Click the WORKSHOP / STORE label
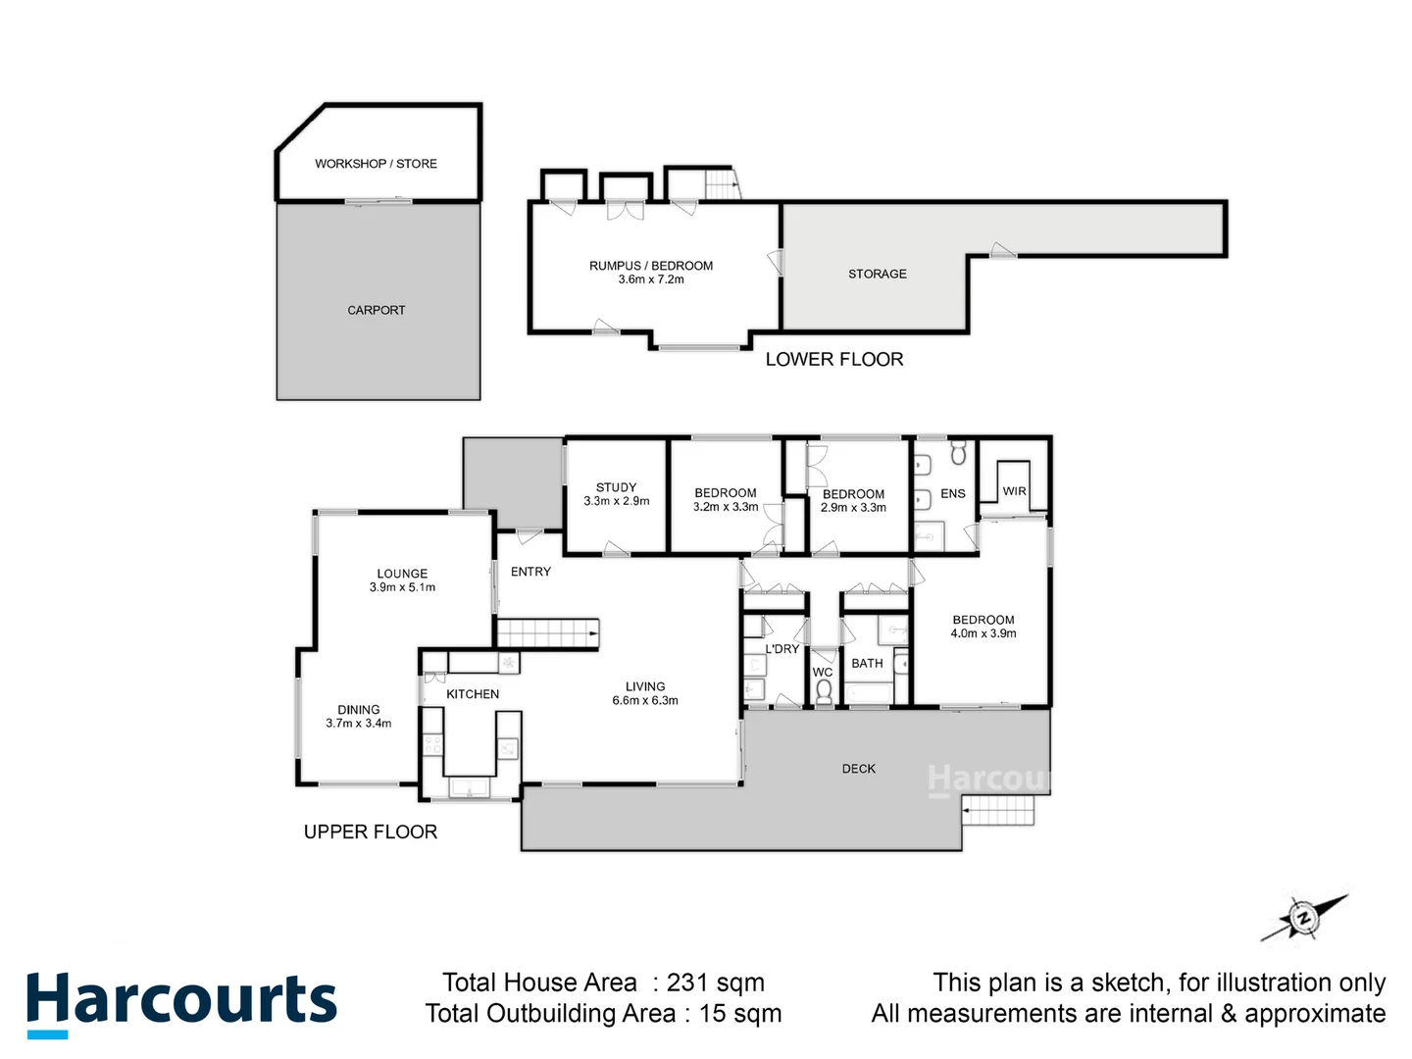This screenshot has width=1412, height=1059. coord(376,164)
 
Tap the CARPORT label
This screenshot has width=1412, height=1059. coord(376,310)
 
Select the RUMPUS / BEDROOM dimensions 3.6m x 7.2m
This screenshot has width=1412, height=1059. coord(651,279)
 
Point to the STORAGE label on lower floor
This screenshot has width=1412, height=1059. coord(877,274)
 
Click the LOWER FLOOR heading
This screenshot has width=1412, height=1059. coord(833,360)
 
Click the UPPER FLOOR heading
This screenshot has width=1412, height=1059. coord(370,832)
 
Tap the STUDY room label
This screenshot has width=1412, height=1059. coord(616,487)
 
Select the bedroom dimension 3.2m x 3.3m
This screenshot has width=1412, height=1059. coord(725,507)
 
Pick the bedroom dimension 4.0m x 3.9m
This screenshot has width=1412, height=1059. coord(983,633)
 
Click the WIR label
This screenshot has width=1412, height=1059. coord(1014,491)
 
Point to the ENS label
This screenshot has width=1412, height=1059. coord(952,493)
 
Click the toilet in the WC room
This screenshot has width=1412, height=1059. coord(823,692)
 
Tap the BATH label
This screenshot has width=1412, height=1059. coord(867,664)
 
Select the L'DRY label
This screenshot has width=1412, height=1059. coord(782,649)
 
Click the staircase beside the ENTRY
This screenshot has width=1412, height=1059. coord(547,633)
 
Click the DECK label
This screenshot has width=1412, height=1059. coord(858,769)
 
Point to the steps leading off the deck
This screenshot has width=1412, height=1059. coord(999,811)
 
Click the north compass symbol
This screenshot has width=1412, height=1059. coord(1303,918)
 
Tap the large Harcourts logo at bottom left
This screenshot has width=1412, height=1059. coord(181,1001)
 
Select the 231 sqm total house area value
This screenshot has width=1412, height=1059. coord(715,983)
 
